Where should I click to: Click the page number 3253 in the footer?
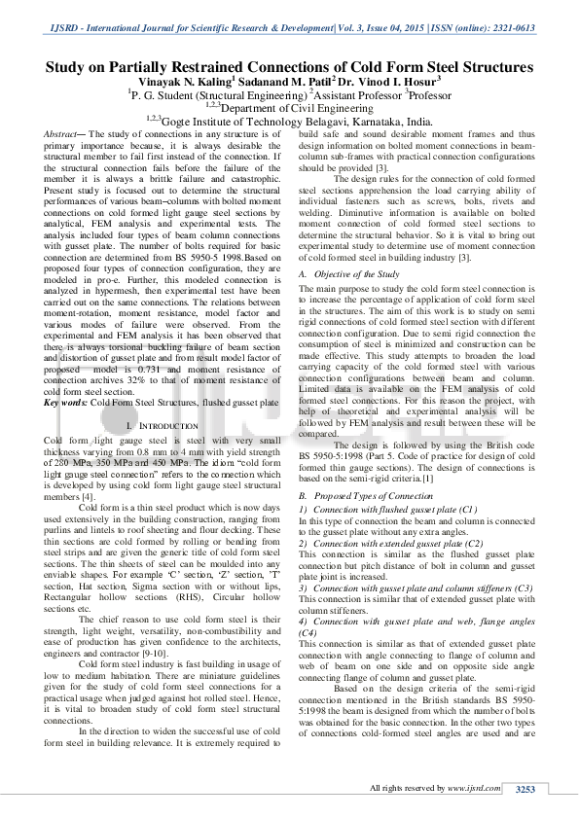tap(525, 789)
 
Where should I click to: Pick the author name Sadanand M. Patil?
tap(276, 83)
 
